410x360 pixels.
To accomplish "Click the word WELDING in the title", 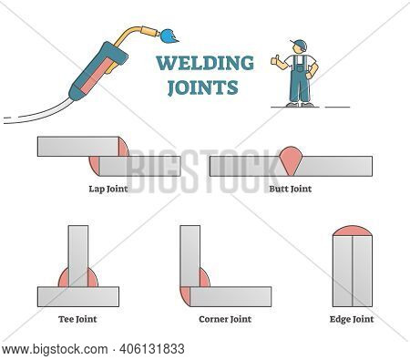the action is coord(205,63).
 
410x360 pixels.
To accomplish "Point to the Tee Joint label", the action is coord(79,320).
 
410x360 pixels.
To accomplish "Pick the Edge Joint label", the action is coord(350,320).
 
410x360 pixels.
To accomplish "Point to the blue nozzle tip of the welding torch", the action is coord(169,36).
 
